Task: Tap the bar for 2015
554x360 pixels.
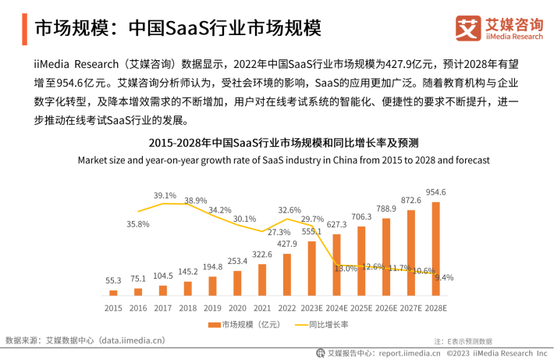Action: [113, 292]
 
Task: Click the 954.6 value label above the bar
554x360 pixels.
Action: [435, 192]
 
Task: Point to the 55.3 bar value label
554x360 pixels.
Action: [113, 280]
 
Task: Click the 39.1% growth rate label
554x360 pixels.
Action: [165, 195]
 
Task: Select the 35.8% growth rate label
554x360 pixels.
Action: [138, 224]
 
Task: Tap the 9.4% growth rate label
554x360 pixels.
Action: [443, 277]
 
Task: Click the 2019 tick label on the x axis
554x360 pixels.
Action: [212, 308]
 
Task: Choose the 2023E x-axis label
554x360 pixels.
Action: [312, 308]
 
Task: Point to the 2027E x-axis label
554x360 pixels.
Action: [411, 308]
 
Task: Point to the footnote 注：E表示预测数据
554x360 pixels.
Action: [463, 341]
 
